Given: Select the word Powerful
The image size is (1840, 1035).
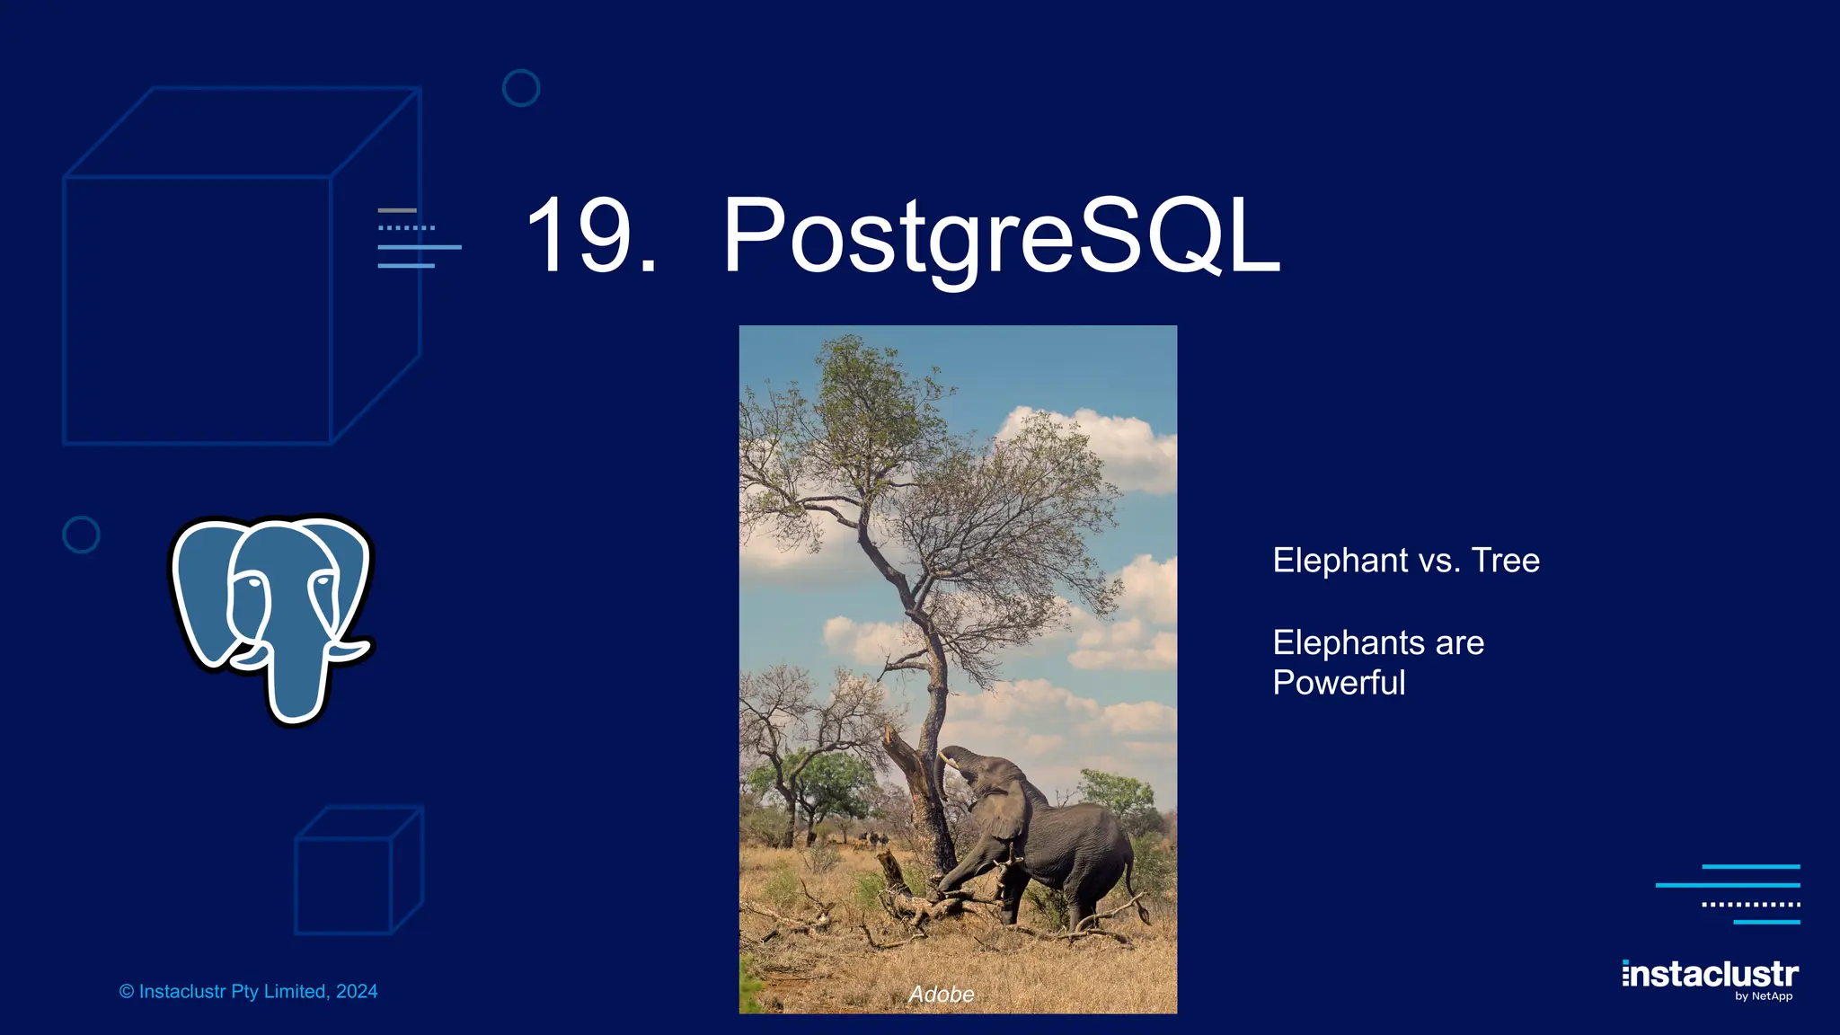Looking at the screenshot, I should (1339, 683).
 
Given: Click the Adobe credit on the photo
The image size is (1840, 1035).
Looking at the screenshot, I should (941, 994).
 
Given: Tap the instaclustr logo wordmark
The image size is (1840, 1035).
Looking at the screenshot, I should (1710, 974).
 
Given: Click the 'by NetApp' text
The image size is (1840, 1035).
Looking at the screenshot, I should (1764, 996).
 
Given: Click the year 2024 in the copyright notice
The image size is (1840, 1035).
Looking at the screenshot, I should (357, 992).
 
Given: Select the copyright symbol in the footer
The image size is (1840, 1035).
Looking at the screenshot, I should (127, 992).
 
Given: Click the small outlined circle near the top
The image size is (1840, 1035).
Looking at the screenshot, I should (521, 88).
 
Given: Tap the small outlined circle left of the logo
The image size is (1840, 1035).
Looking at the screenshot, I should (81, 535).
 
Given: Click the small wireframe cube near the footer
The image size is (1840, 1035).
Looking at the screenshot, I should (358, 871).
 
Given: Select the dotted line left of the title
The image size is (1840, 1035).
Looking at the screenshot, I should (406, 228).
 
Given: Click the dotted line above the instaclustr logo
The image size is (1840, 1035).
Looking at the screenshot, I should (1750, 904).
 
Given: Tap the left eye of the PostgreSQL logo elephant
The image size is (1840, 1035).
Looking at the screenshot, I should (253, 584).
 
